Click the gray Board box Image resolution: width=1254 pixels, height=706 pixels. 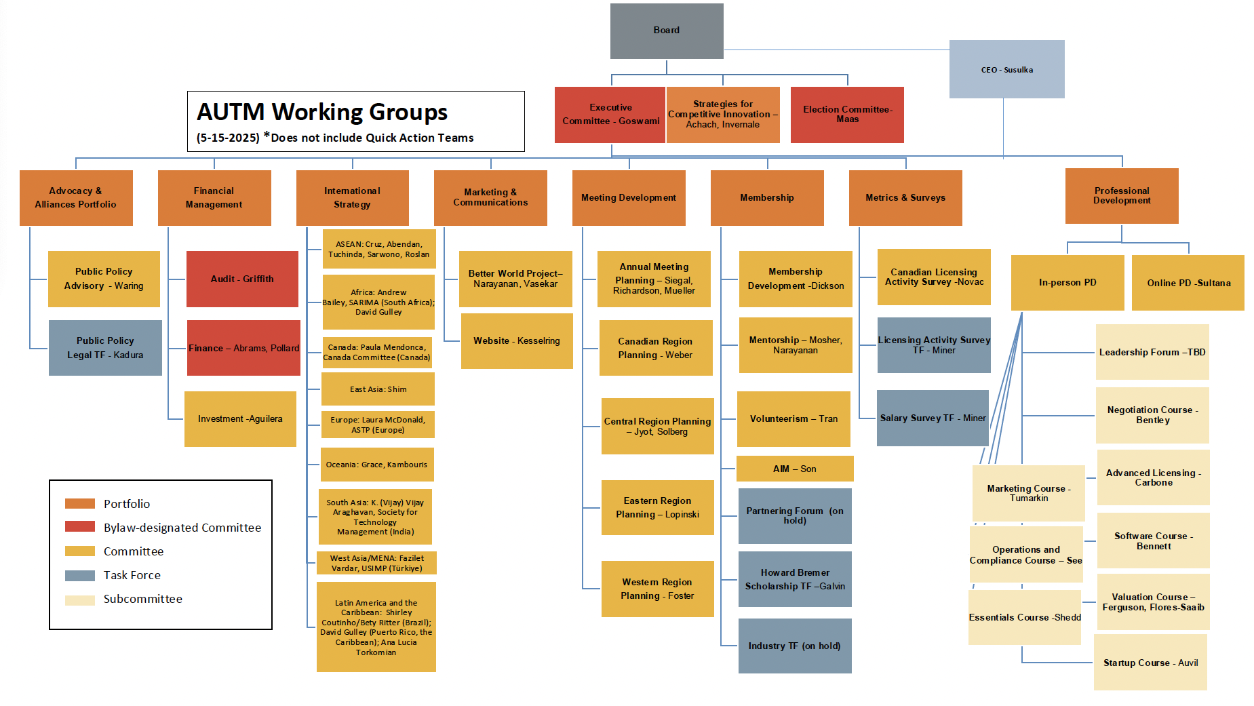click(x=667, y=31)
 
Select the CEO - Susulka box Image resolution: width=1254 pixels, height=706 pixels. click(x=1007, y=69)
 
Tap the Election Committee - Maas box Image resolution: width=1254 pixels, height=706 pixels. click(x=847, y=115)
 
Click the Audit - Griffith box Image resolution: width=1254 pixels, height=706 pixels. click(x=242, y=279)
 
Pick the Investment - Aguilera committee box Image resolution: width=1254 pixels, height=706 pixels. click(x=240, y=419)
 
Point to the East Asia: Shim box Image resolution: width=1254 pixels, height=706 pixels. click(x=378, y=389)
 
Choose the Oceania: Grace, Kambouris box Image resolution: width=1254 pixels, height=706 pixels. click(x=377, y=465)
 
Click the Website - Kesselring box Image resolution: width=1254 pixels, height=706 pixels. click(x=517, y=341)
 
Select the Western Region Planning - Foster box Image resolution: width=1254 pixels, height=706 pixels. click(x=658, y=589)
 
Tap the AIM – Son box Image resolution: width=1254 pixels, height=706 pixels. click(x=795, y=469)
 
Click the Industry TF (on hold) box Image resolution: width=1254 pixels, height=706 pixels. click(x=795, y=646)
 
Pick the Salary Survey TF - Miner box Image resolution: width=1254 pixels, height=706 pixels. click(x=933, y=418)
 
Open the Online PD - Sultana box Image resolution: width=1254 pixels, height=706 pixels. click(x=1188, y=283)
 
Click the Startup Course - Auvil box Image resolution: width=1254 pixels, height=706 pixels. click(x=1150, y=663)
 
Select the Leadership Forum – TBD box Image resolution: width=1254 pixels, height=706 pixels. click(x=1152, y=352)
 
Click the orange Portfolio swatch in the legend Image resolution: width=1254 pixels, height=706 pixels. click(x=80, y=503)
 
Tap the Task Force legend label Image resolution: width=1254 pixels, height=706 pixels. click(x=132, y=575)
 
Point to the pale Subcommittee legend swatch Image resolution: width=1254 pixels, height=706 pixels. click(x=80, y=600)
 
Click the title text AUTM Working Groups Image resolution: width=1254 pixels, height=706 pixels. click(x=322, y=112)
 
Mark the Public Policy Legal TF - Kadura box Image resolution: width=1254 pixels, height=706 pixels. click(x=105, y=348)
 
